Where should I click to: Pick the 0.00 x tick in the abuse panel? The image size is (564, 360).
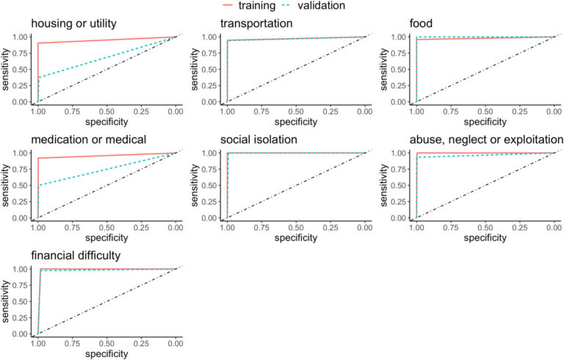coord(554,227)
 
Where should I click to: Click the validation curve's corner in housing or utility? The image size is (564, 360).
coord(38,77)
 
